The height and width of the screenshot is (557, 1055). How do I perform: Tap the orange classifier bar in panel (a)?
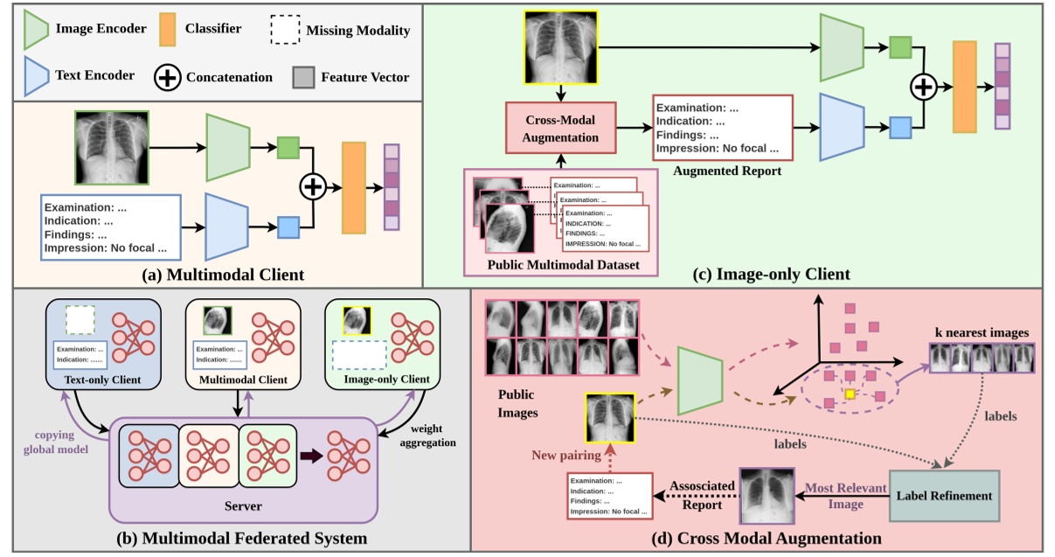[353, 187]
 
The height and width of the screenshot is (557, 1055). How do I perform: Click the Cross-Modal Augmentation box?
[561, 129]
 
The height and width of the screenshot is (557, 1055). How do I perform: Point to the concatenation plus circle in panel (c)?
[924, 87]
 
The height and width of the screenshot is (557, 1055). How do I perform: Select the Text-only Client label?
[101, 379]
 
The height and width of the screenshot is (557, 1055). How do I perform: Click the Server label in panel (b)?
[242, 505]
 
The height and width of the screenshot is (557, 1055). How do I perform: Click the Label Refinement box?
[944, 495]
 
